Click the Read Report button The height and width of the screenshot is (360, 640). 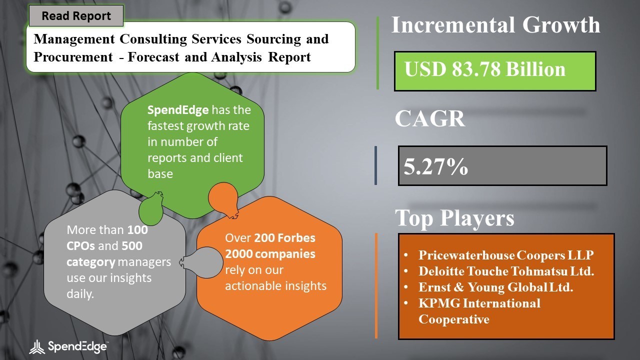coord(76,15)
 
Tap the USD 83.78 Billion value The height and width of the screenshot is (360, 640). coord(485,69)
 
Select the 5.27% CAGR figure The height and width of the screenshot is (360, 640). coord(435,166)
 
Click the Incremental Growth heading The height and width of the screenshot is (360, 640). coord(495,25)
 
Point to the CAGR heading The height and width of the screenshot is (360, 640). coord(430,118)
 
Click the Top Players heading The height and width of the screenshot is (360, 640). coord(454,218)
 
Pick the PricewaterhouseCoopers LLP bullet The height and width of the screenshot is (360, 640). coord(506,255)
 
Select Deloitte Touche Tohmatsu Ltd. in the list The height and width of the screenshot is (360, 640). coord(506,271)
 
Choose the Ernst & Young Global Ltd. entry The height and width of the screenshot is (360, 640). coord(495,287)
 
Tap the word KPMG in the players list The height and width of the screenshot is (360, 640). coord(439,303)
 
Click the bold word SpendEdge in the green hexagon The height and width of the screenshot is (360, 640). coord(178,110)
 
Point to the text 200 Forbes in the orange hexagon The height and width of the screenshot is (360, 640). coord(284,237)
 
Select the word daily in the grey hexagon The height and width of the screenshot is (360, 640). coord(80,293)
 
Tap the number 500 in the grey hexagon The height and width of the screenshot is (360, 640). coord(132,245)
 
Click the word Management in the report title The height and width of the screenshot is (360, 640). coord(74,39)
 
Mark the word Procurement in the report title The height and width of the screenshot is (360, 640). coord(73,57)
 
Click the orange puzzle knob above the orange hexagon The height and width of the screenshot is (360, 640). coord(223,200)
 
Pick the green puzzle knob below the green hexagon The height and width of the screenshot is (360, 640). coord(151,208)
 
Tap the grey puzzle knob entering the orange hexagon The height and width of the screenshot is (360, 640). coord(201,262)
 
